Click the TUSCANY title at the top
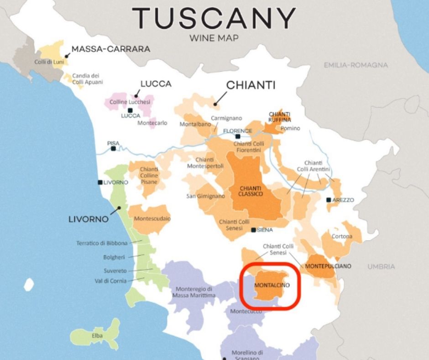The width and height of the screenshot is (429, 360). (x=214, y=19)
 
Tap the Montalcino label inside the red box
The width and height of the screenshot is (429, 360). (x=272, y=286)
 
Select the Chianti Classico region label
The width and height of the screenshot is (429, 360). (x=251, y=191)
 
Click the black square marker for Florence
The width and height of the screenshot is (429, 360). (x=237, y=136)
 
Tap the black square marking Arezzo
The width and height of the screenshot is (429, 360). (x=329, y=200)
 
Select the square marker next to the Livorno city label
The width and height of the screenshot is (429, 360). (x=100, y=182)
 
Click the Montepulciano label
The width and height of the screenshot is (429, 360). (x=328, y=266)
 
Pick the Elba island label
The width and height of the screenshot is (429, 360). (x=97, y=336)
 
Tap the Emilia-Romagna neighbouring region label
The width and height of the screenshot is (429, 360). (x=356, y=65)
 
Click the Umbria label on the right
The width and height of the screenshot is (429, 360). (x=381, y=266)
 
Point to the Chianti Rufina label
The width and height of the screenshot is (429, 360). (x=279, y=117)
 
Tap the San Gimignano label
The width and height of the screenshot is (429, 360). (x=205, y=196)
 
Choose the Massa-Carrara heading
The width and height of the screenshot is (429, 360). (x=111, y=49)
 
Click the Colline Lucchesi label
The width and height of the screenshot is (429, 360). (x=130, y=102)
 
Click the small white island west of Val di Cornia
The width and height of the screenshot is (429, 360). (x=29, y=285)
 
